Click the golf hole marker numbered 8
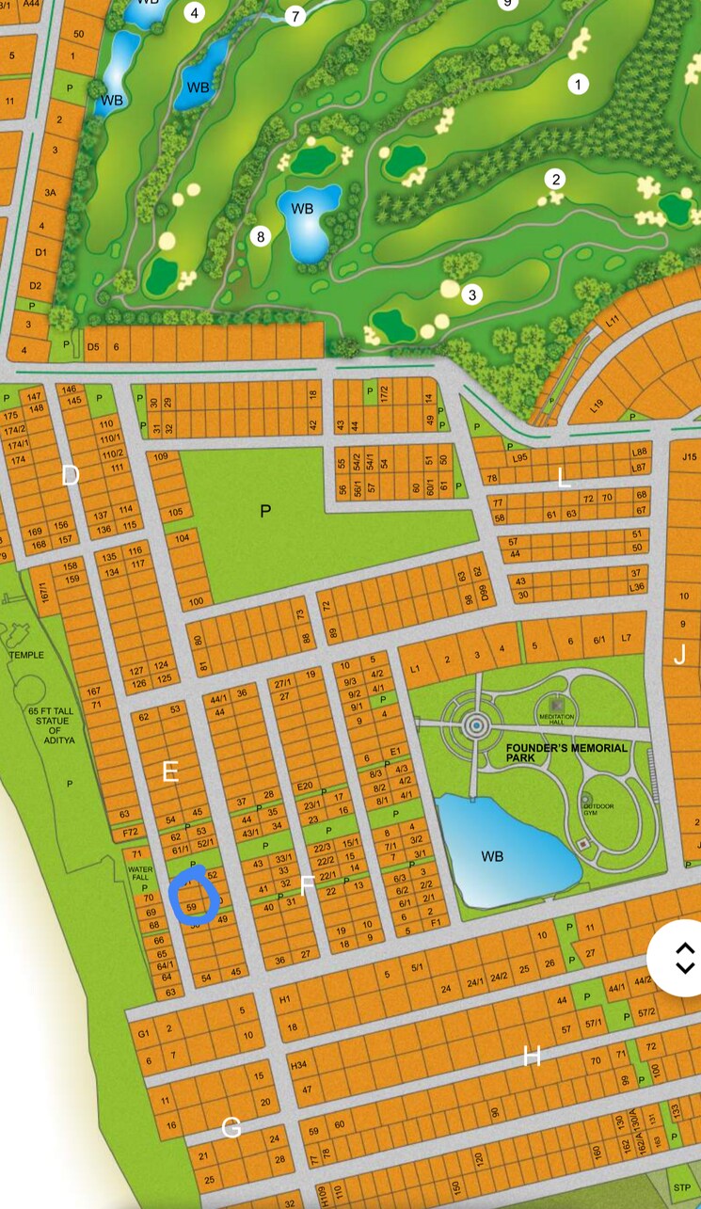[262, 236]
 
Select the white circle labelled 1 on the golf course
[578, 84]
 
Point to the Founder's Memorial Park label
[566, 753]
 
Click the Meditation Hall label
[556, 718]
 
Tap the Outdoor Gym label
[598, 806]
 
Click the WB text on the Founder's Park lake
[492, 856]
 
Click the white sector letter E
[170, 772]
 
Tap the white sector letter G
[231, 1127]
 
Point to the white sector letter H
[532, 1057]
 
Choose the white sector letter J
[679, 655]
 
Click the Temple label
[26, 655]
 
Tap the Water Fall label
[140, 874]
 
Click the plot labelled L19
[597, 406]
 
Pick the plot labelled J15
[689, 458]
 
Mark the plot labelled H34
[300, 1065]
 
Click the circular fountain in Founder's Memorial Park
[476, 725]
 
